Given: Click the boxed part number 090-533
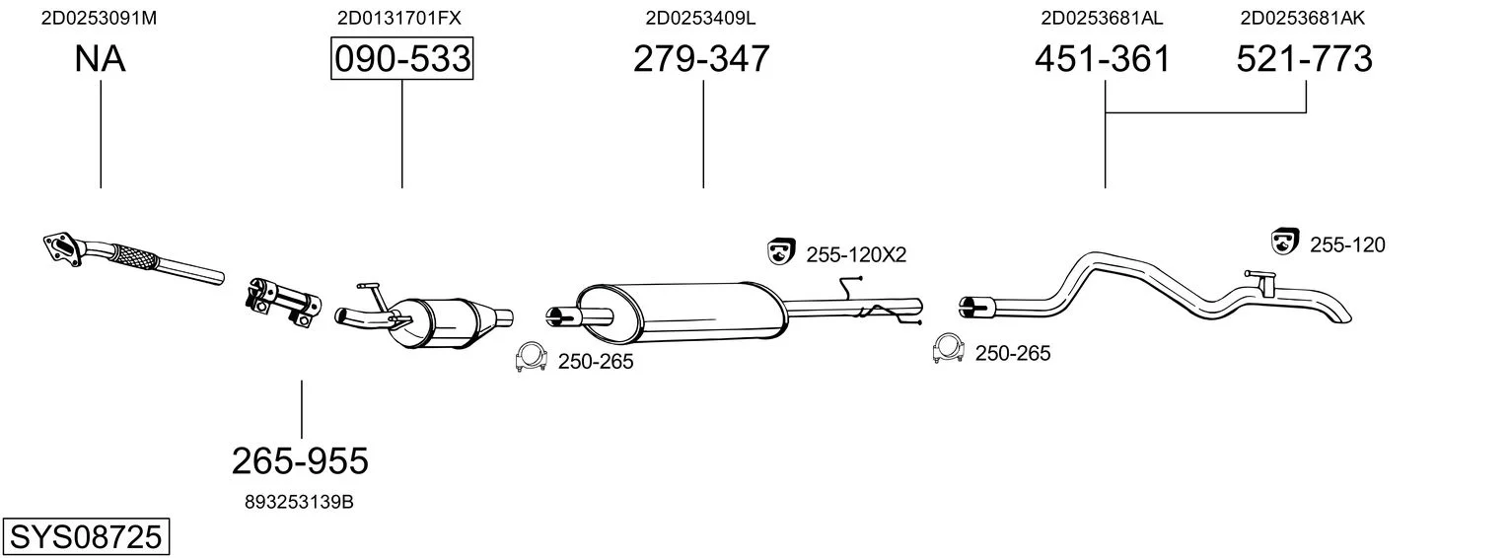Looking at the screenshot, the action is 401,58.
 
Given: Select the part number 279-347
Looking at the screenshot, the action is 701,58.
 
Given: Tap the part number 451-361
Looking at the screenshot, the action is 1103,58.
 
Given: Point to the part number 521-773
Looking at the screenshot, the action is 1304,58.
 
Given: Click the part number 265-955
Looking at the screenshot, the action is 301,461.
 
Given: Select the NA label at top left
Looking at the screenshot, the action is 100,58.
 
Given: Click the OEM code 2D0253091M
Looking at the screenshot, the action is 99,18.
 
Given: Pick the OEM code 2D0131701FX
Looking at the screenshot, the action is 399,18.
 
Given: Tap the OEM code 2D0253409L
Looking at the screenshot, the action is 700,18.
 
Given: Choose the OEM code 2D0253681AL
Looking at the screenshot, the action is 1102,18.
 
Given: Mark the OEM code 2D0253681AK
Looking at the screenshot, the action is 1303,18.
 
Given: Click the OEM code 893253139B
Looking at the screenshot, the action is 299,502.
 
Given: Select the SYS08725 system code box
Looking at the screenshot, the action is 86,536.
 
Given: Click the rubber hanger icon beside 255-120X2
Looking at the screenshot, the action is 781,251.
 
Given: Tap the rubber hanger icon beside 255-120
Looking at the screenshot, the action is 1285,241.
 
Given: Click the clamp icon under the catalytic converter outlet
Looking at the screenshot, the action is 531,357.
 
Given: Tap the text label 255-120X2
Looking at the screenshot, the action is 856,254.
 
